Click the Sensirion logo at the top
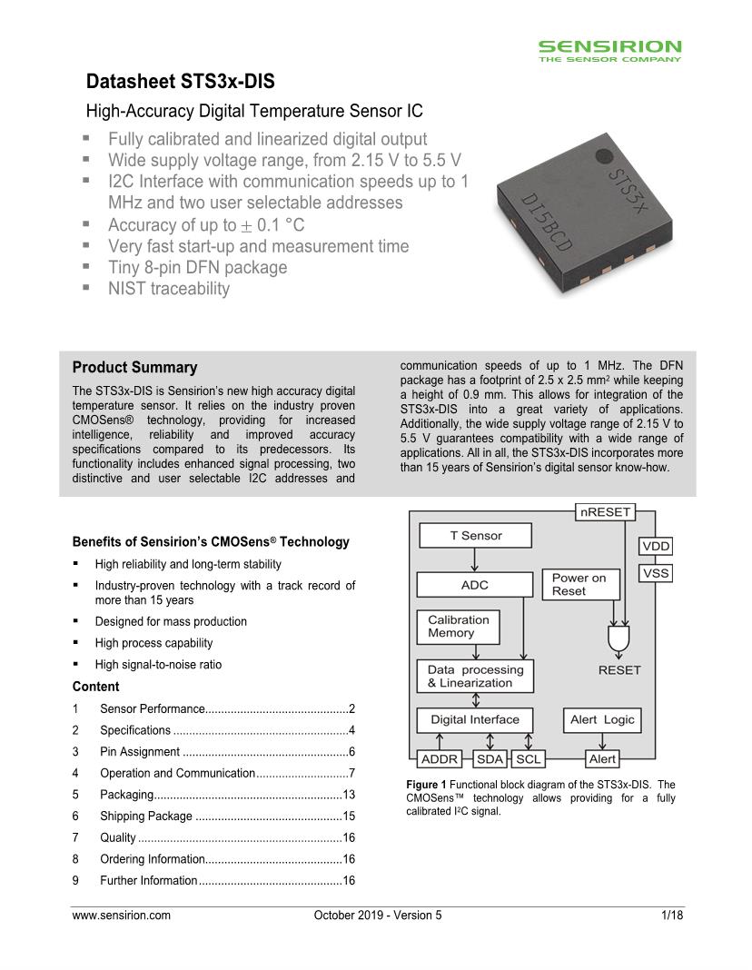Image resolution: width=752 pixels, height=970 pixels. pos(609,50)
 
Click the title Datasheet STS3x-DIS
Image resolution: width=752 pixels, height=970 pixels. pos(180,83)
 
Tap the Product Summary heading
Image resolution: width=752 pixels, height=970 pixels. pos(134,368)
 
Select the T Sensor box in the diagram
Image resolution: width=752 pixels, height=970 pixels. pos(475,536)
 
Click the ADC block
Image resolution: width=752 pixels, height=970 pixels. pos(475,585)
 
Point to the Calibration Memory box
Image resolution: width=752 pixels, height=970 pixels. pos(458,627)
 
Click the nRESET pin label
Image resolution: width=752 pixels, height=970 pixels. pos(605,512)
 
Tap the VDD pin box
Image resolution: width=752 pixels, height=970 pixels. pos(655,546)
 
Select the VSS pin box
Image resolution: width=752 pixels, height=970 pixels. pos(655,574)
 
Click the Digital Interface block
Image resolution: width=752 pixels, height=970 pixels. pos(475,720)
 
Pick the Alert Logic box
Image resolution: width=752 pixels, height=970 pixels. pos(602,720)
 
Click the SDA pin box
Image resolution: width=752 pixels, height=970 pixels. pos(490,759)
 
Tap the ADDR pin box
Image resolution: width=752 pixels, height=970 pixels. pos(440,759)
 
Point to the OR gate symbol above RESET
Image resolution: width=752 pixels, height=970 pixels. pos(618,640)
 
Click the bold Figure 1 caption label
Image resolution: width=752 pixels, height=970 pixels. pos(426,785)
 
